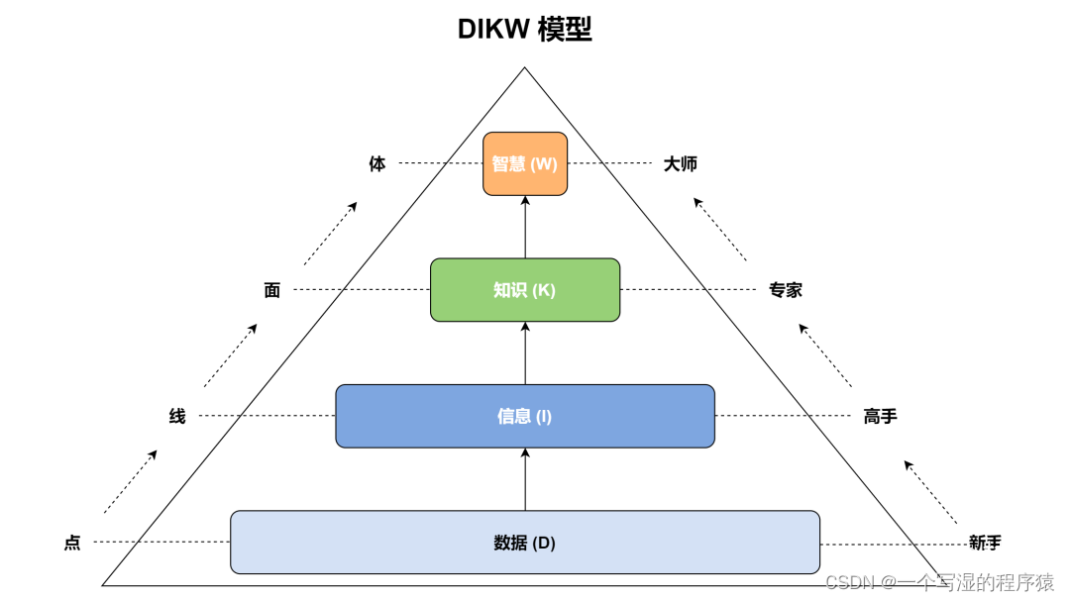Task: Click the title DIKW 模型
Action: pos(524,30)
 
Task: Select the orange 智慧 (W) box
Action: pos(525,164)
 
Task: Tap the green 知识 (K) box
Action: pos(525,290)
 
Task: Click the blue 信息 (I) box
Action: pos(525,416)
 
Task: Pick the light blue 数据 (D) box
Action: pos(525,543)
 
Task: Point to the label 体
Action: pos(377,164)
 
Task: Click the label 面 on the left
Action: pos(272,290)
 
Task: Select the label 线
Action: pos(177,417)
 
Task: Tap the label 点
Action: pos(72,543)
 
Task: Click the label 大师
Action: pos(681,164)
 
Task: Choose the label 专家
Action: pos(786,290)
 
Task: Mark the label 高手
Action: pos(880,417)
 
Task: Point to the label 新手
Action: pos(985,543)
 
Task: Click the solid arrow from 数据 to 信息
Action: pos(525,479)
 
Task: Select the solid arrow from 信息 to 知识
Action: pos(525,353)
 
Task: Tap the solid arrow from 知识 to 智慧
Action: pos(525,227)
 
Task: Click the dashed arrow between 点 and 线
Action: pos(131,481)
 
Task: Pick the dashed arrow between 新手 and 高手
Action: pos(930,492)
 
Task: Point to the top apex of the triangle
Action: pos(524,68)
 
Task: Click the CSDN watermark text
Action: pos(939,582)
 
